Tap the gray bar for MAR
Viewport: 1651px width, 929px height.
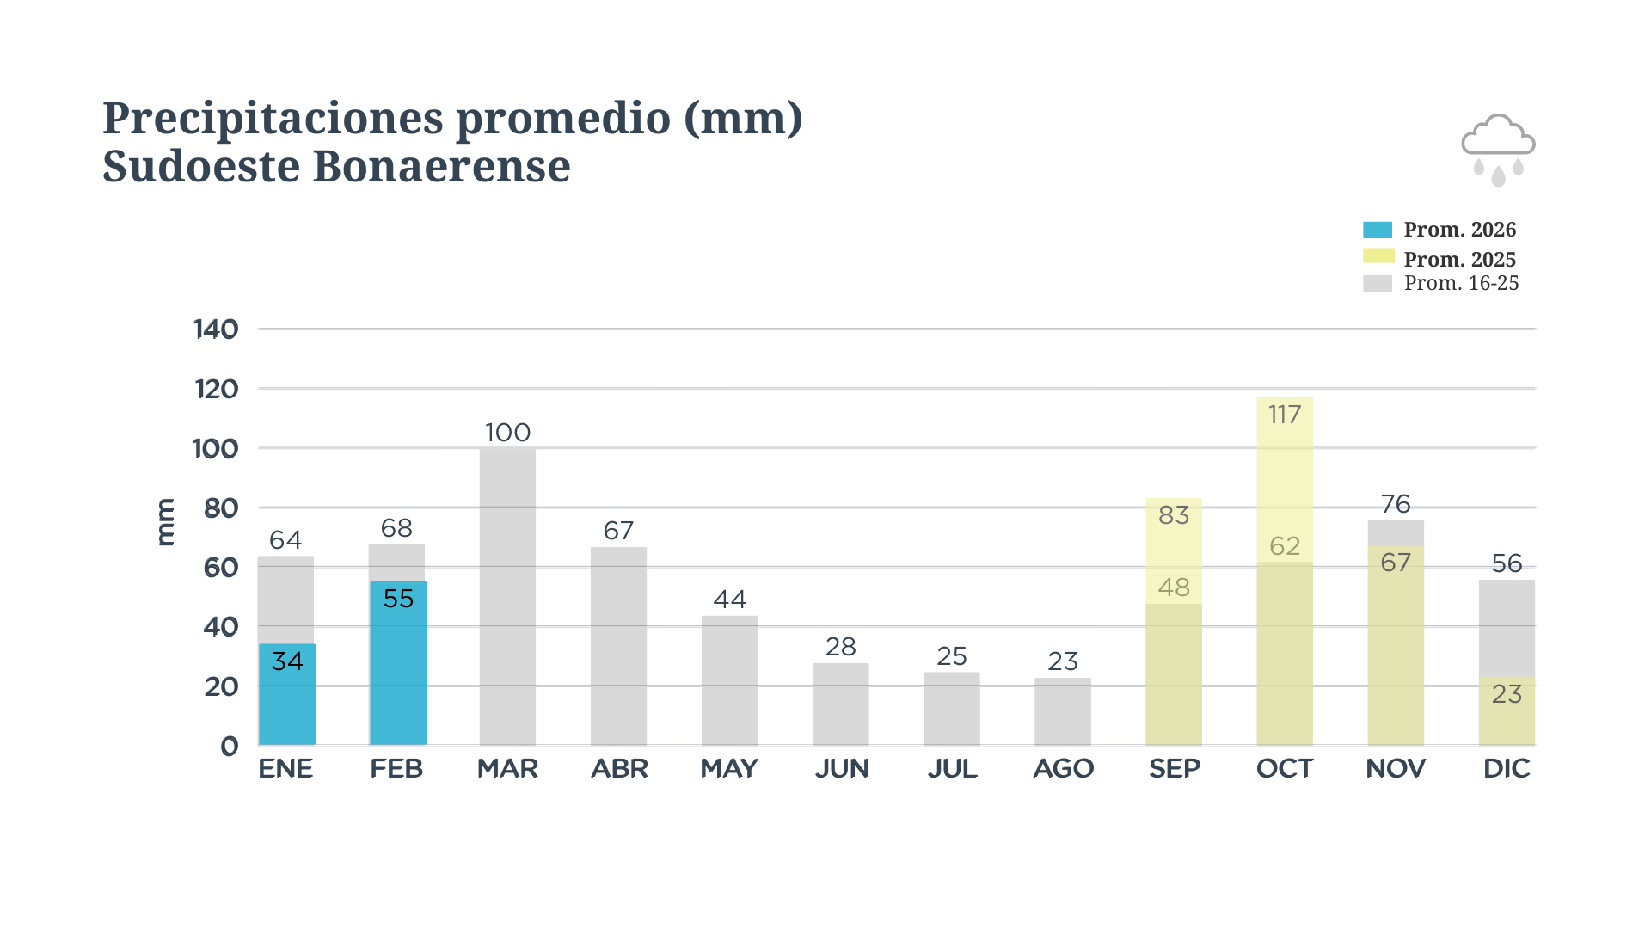[x=507, y=602]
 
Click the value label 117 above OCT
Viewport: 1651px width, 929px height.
[x=1285, y=415]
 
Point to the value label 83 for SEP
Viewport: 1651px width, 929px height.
[x=1174, y=515]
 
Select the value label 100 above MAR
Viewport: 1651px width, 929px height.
[x=507, y=433]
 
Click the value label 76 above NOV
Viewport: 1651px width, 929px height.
[x=1396, y=504]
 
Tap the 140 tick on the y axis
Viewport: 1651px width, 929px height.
[x=216, y=329]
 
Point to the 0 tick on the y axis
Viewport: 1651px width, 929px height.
[x=229, y=746]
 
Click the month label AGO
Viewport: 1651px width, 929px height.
[x=1063, y=768]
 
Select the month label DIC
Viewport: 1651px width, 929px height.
[x=1507, y=768]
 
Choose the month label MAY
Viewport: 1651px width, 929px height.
[x=729, y=768]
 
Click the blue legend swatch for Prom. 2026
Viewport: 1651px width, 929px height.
[x=1377, y=231]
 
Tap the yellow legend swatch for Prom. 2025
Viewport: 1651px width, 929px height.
[x=1377, y=256]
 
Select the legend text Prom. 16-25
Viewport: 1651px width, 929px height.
[x=1461, y=283]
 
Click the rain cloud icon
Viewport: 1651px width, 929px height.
[x=1498, y=149]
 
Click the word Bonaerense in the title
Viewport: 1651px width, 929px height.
[x=441, y=166]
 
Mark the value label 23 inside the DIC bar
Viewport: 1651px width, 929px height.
[x=1507, y=694]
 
